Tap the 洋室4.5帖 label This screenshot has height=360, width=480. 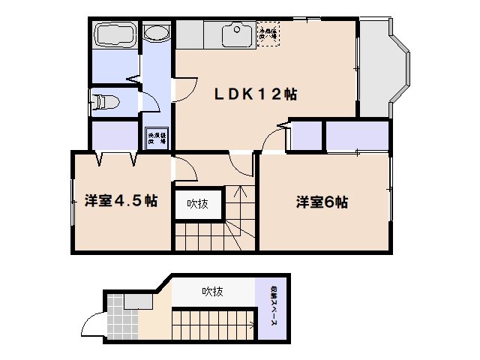click(x=121, y=201)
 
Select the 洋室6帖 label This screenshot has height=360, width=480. click(x=322, y=202)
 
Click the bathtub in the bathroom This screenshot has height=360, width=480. click(x=113, y=37)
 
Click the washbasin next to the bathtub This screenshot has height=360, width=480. click(x=156, y=34)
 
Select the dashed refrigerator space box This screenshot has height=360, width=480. click(x=268, y=34)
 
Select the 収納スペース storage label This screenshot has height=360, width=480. click(x=272, y=308)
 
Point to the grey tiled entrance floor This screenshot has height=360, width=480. click(x=117, y=319)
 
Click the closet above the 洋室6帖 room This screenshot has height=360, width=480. click(x=356, y=136)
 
